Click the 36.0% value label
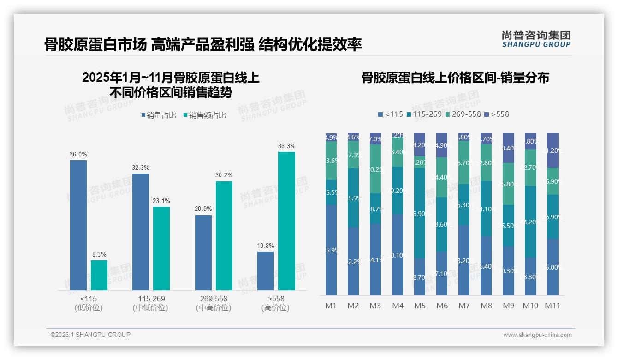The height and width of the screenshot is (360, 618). [78, 155]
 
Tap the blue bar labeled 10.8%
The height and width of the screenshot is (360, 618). [266, 271]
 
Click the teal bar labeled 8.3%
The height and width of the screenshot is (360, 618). [99, 275]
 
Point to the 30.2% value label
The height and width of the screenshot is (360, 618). [224, 175]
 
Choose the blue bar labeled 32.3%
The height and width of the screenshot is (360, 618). [141, 232]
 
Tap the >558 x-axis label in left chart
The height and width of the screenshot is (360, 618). [275, 299]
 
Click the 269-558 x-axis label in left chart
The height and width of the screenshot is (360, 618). [214, 299]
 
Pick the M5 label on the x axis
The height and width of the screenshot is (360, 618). [420, 306]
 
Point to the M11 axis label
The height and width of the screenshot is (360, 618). [553, 306]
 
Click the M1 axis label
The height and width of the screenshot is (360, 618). [331, 306]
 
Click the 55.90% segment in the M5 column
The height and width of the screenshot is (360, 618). [420, 213]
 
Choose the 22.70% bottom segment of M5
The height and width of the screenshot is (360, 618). [420, 277]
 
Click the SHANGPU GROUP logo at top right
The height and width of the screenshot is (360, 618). [536, 39]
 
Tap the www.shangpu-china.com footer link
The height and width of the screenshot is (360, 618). [537, 335]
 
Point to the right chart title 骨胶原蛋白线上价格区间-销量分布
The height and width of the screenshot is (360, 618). [455, 78]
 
